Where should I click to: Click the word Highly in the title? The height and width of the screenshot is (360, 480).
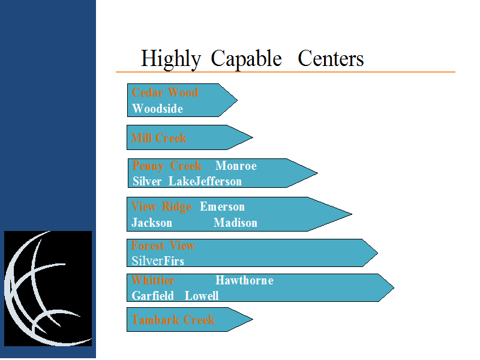click(171, 59)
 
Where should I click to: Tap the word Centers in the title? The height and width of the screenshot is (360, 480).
click(331, 58)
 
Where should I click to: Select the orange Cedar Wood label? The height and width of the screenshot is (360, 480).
click(166, 92)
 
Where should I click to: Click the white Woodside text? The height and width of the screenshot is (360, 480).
click(158, 109)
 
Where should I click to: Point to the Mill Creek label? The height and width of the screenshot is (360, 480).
click(159, 138)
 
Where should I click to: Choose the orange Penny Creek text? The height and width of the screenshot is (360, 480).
click(167, 166)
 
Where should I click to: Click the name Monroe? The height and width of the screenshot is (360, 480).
click(236, 166)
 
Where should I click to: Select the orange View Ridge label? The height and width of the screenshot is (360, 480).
click(161, 207)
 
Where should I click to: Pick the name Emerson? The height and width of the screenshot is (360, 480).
click(222, 206)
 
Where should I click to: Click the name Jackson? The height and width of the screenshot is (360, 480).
click(152, 223)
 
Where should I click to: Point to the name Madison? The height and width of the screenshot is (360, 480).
click(235, 223)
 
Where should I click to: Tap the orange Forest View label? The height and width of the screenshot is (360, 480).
click(163, 245)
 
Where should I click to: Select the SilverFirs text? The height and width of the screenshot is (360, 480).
click(158, 261)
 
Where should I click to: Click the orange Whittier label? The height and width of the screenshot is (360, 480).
click(153, 280)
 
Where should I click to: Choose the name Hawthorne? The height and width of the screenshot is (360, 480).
click(245, 280)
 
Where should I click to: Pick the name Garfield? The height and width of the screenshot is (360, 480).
click(153, 296)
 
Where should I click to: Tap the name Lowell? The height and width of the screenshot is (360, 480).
click(202, 296)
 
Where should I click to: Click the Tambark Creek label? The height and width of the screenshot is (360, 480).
click(173, 320)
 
